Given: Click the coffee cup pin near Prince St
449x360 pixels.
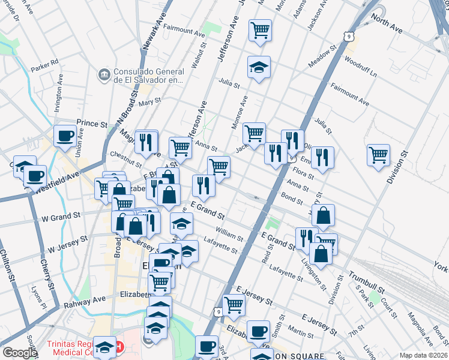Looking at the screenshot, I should coord(65,136).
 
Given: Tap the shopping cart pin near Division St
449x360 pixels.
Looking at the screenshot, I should coord(378,155).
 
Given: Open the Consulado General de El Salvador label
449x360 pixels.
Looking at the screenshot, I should coord(148,75).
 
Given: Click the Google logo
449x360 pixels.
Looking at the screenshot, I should coord(19,353).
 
